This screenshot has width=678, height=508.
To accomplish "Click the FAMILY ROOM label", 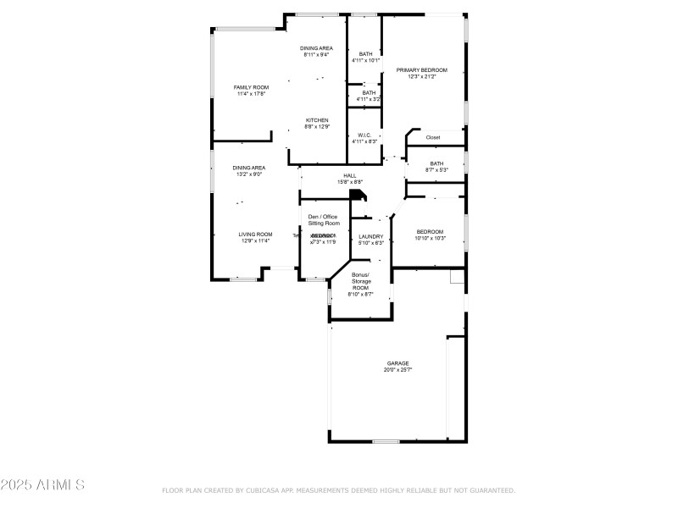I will pyautogui.click(x=251, y=87).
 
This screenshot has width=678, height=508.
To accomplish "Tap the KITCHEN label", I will pyautogui.click(x=317, y=120).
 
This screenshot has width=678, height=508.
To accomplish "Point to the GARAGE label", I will pyautogui.click(x=398, y=363).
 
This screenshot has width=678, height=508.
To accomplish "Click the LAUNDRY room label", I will pyautogui.click(x=371, y=236).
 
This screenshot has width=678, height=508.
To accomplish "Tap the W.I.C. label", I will pyautogui.click(x=364, y=135).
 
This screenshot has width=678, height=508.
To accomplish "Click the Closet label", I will pyautogui.click(x=433, y=137).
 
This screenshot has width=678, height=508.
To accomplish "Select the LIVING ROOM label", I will pyautogui.click(x=254, y=235).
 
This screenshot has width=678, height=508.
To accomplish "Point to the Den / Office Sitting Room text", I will pyautogui.click(x=323, y=219).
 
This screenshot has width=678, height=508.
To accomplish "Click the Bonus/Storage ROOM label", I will pyautogui.click(x=361, y=281).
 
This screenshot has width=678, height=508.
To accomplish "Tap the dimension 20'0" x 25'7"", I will pyautogui.click(x=398, y=370).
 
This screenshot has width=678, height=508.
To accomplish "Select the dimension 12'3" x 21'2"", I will pyautogui.click(x=421, y=77).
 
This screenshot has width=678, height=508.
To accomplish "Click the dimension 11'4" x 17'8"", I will pyautogui.click(x=251, y=94).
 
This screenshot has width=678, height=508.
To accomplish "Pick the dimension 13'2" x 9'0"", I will pyautogui.click(x=249, y=174).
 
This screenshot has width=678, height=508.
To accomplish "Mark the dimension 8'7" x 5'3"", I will pyautogui.click(x=436, y=170).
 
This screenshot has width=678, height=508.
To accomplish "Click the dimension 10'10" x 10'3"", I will pyautogui.click(x=430, y=238).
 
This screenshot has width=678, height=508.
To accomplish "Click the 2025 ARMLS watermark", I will pyautogui.click(x=42, y=485).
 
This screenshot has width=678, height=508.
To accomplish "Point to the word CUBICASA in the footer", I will pyautogui.click(x=264, y=490).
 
